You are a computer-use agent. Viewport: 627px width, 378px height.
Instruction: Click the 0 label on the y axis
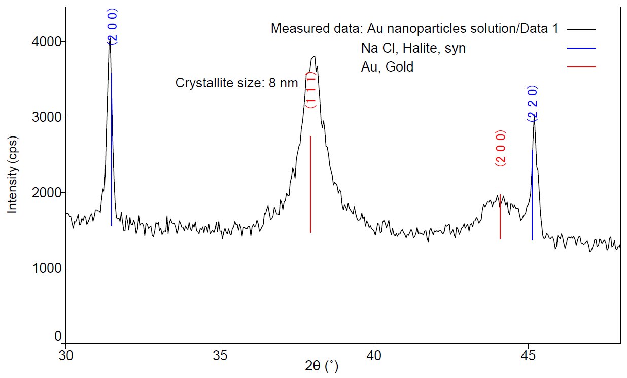tap(58, 336)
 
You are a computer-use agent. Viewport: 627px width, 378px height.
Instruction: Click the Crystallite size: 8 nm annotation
tap(236, 83)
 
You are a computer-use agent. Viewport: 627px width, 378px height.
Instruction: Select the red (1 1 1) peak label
tap(311, 90)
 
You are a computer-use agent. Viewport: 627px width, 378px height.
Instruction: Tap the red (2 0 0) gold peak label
tap(500, 149)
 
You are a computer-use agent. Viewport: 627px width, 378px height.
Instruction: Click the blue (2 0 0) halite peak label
tap(112, 26)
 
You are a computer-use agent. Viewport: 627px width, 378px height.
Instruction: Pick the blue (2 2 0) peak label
tap(532, 104)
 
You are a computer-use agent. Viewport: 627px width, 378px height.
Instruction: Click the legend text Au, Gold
tap(387, 67)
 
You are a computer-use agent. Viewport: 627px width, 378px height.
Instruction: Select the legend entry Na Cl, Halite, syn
tap(413, 48)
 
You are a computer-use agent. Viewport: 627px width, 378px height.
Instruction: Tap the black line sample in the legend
tap(582, 29)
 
